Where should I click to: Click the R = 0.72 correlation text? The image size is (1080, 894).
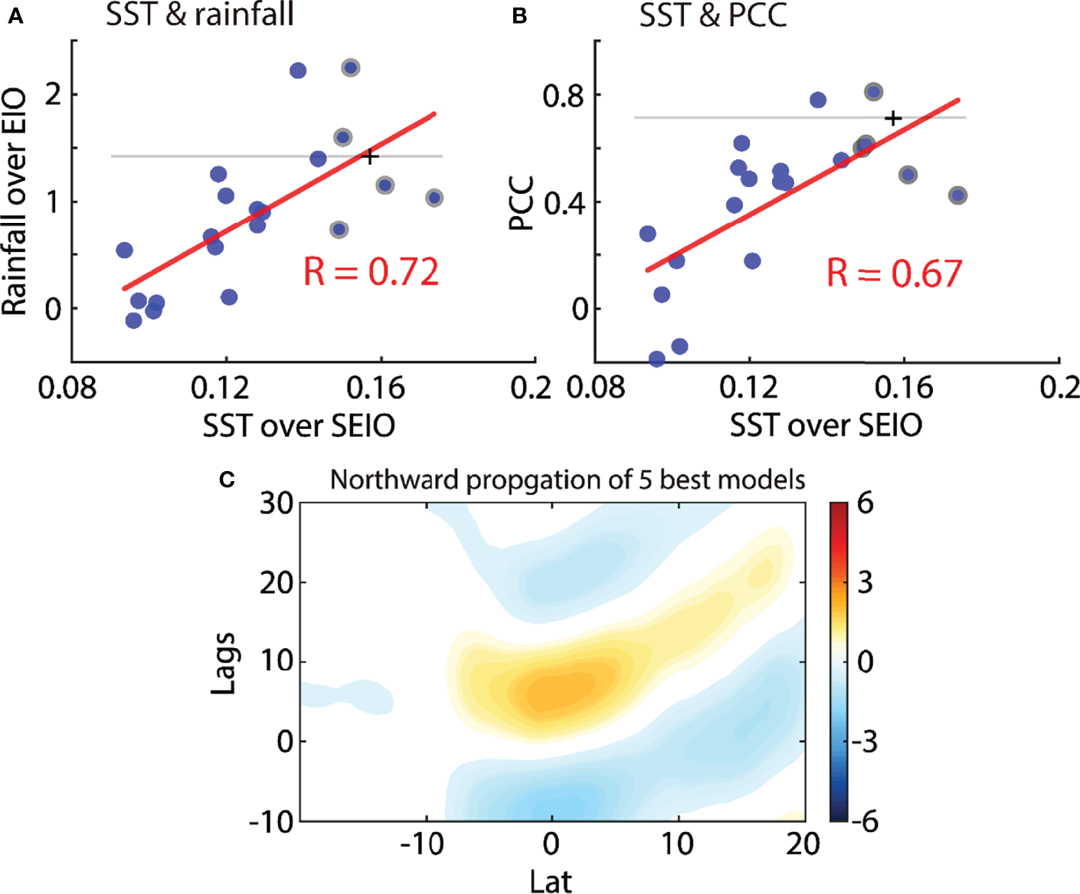371,273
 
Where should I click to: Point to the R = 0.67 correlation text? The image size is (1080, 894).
894,273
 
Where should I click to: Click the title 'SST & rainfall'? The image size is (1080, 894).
200,15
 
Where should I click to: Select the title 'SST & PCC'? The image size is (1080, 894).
713,15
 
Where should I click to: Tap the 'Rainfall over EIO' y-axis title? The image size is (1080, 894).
15,202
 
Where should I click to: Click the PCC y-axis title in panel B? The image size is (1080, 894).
522,204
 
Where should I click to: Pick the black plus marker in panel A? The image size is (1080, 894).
370,157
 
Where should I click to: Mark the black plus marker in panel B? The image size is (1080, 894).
892,119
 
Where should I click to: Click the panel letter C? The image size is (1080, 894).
227,480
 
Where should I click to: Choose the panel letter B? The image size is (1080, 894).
519,16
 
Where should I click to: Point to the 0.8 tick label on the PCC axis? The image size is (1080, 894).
562,97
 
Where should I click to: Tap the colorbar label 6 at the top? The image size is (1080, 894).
865,504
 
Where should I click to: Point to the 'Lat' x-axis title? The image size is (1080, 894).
550,881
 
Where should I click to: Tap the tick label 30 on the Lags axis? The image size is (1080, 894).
276,504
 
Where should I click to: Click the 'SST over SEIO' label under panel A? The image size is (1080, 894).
299,426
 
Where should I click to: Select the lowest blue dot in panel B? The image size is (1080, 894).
656,359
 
